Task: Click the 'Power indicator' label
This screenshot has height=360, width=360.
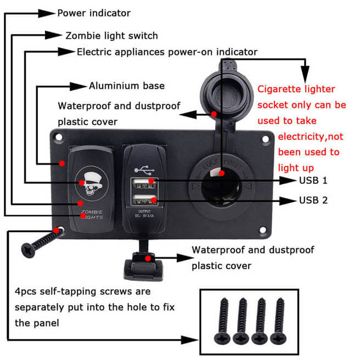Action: (94, 13)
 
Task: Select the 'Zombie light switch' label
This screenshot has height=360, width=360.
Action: (111, 36)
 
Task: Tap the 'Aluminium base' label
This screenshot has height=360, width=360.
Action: (126, 86)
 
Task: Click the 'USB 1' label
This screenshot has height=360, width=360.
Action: (313, 180)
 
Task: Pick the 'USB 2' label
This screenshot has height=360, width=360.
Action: (313, 200)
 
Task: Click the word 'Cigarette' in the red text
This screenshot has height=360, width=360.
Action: (280, 89)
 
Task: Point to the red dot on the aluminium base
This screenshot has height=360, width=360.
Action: (63, 164)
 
